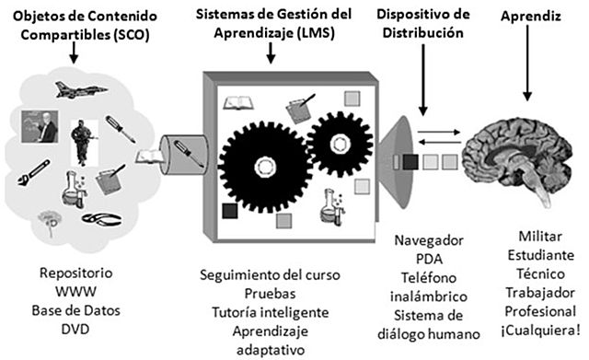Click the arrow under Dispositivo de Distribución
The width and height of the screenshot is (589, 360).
click(422, 92)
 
